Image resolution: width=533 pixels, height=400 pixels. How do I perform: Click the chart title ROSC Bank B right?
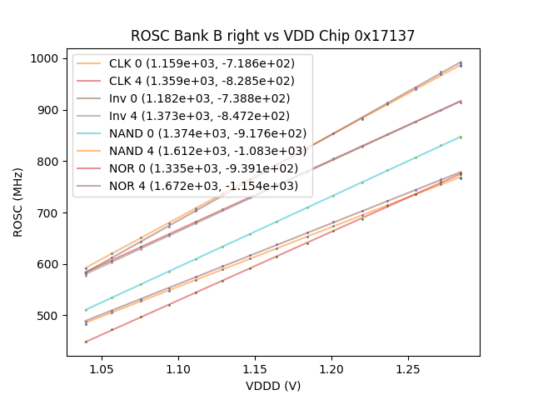272,36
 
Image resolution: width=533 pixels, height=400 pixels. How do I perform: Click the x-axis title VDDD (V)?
272,386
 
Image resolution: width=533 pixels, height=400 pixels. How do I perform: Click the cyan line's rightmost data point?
461,137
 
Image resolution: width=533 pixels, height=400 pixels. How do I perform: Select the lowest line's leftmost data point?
86,342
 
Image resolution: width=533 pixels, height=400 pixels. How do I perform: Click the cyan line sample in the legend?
90,133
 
